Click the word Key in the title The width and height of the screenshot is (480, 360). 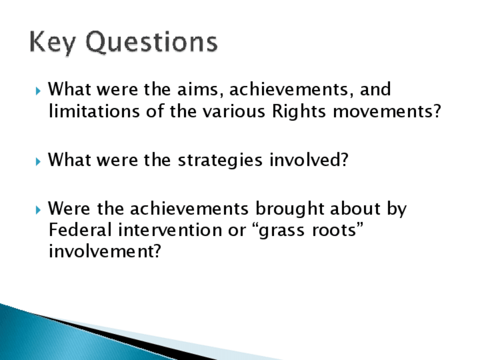(x=52, y=42)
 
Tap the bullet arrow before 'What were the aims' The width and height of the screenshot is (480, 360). (x=38, y=91)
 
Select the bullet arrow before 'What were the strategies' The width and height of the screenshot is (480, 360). (x=38, y=161)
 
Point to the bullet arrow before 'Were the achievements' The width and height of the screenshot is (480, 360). (x=38, y=209)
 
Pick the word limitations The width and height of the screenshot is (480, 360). (x=94, y=111)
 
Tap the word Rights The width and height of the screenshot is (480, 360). (x=299, y=111)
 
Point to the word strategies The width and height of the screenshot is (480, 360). (x=220, y=160)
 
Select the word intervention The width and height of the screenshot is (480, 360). (x=170, y=230)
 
